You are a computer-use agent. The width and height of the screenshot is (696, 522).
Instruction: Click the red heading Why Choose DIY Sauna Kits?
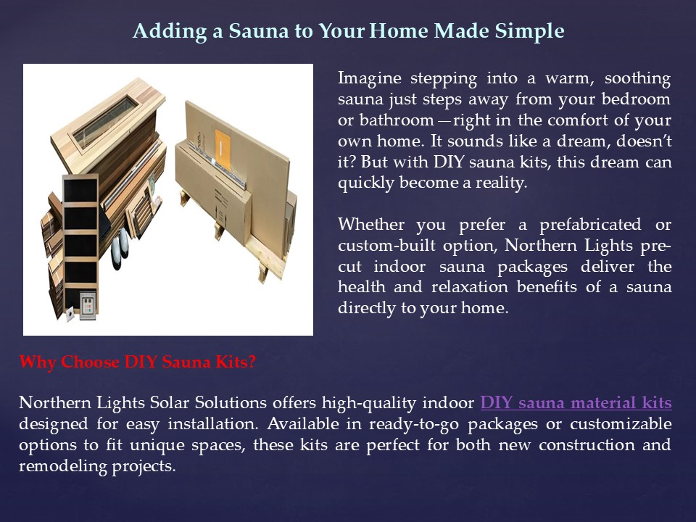(x=137, y=362)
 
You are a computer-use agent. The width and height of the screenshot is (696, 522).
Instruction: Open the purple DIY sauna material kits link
(x=576, y=402)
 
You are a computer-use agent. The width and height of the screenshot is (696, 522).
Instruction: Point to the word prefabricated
(x=588, y=225)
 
